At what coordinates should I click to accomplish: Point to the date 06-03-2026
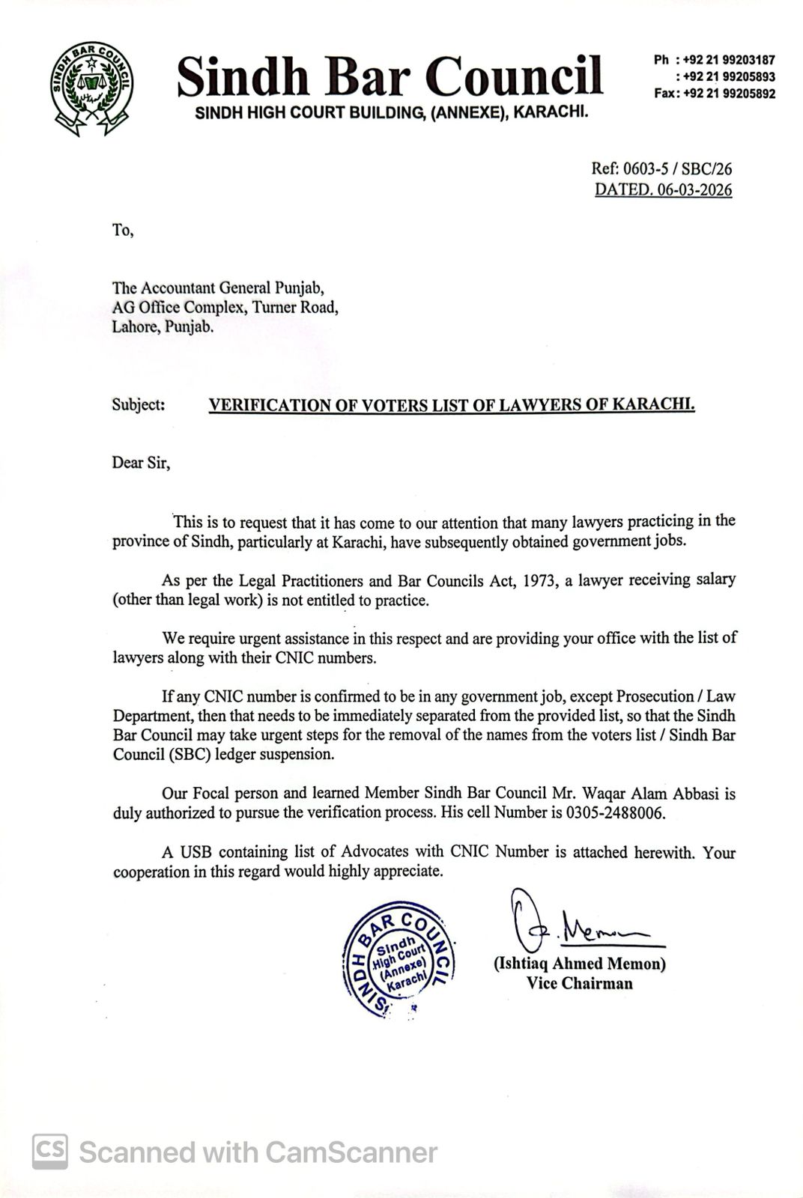(694, 189)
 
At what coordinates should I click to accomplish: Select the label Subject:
(139, 405)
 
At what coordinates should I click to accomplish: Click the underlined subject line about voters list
(452, 405)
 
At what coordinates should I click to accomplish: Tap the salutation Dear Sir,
(141, 463)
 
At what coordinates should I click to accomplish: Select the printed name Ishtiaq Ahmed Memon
(579, 964)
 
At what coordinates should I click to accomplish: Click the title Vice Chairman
(579, 983)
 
